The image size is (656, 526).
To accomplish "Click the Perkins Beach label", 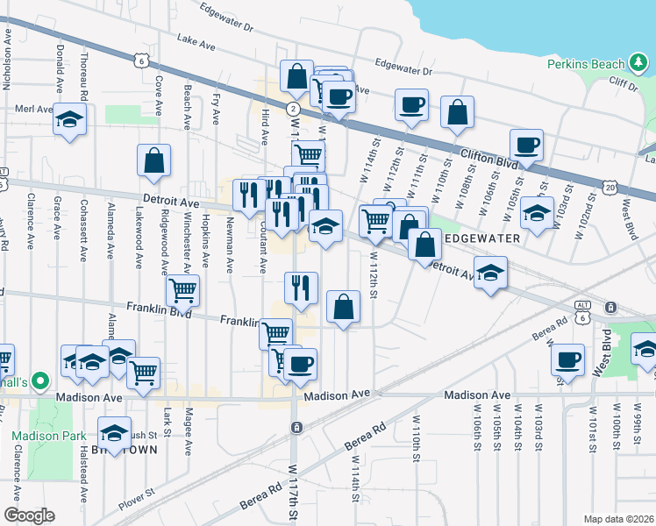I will tap(585, 64).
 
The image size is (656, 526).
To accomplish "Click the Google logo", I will tap(30, 515).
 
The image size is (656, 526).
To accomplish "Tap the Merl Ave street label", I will tap(35, 109).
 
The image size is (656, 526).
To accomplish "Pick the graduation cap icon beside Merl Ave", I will tap(69, 120).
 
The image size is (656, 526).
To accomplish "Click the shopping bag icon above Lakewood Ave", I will tap(153, 161).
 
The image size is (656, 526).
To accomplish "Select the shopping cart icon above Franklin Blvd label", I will tap(182, 290).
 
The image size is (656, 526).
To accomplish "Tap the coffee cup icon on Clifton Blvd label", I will tap(526, 145).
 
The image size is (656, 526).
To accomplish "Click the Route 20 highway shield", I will tap(610, 187).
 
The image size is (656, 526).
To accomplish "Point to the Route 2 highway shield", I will tap(289, 106).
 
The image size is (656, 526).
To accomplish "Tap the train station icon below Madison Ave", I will tap(297, 427).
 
